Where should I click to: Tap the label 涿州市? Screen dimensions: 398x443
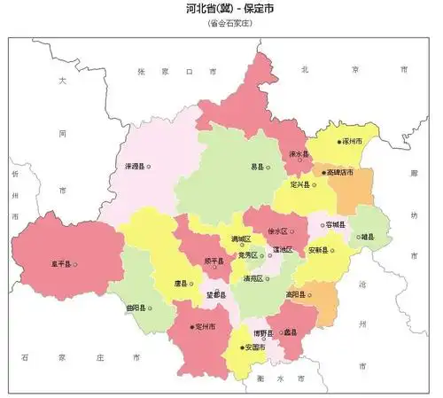tap(352, 141)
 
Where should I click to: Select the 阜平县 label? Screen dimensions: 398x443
tap(61, 263)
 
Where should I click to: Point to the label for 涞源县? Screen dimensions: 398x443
tap(134, 166)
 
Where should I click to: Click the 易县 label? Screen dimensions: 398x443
tap(257, 166)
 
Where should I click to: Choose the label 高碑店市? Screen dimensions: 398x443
tap(340, 172)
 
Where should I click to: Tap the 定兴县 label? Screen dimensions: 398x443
tap(301, 184)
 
